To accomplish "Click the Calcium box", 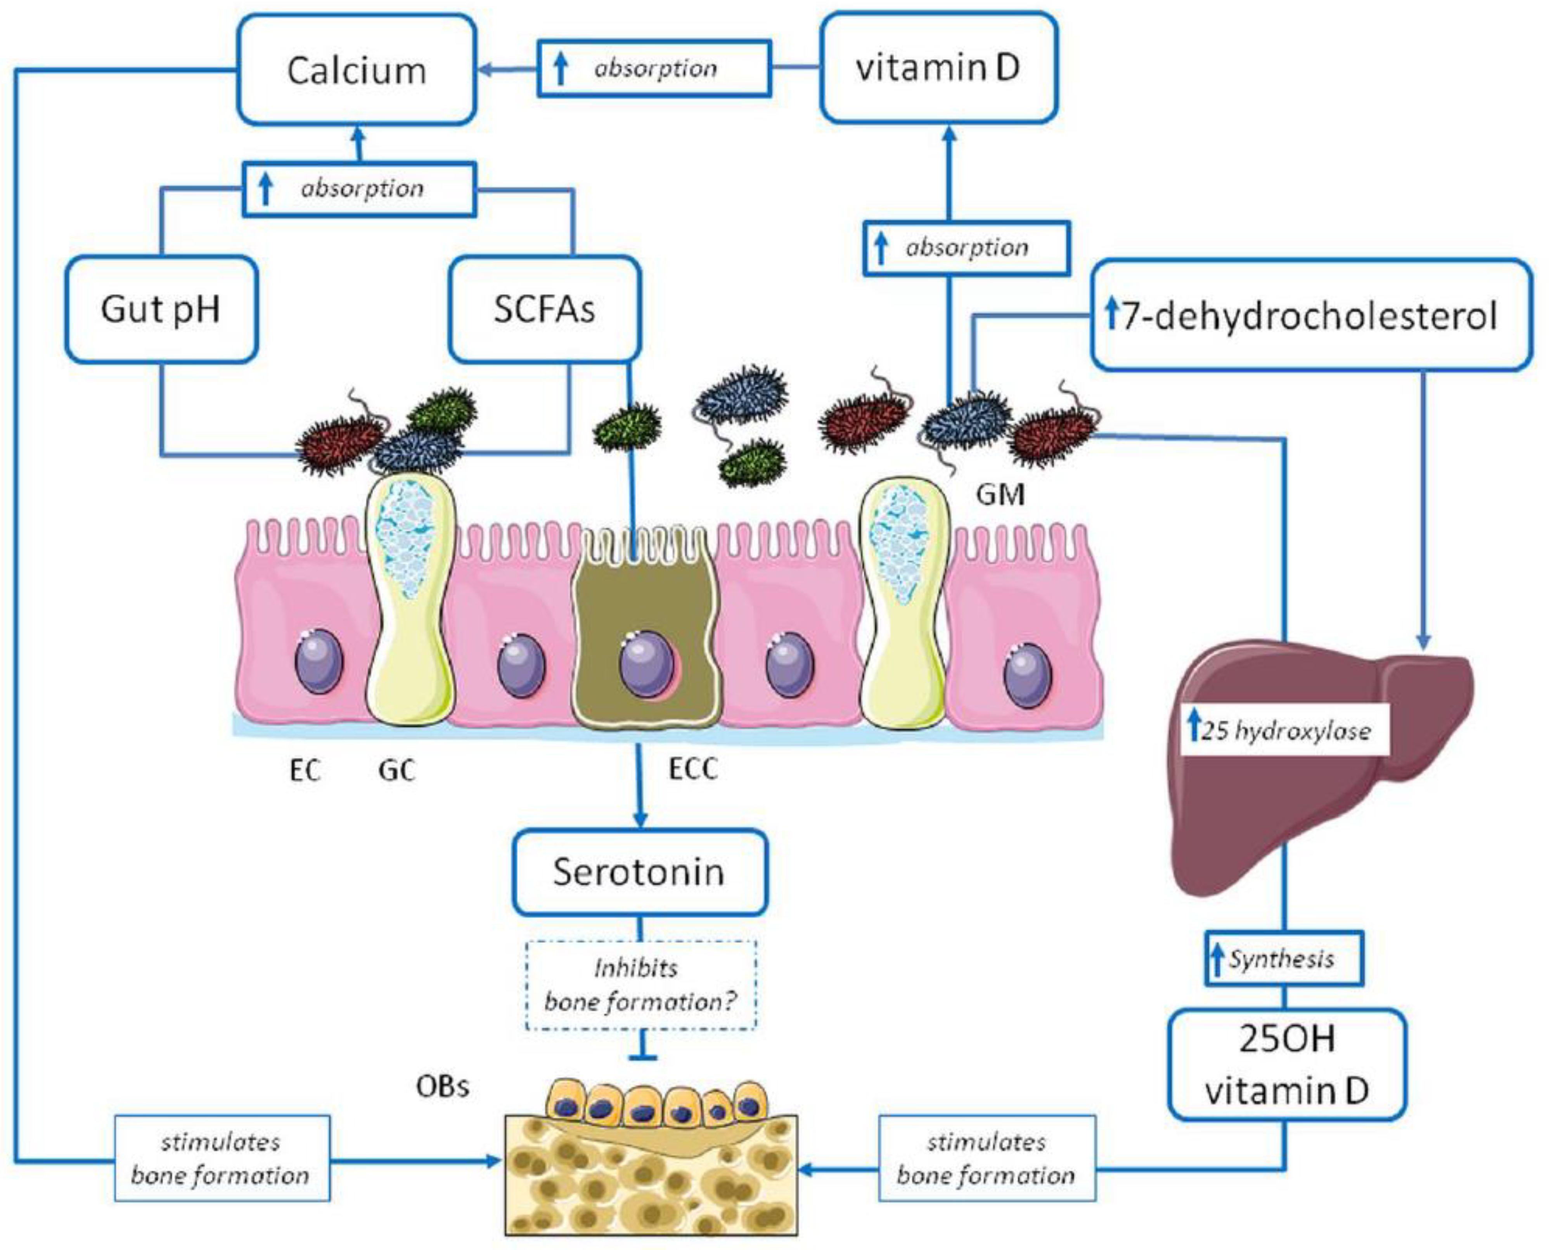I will [x=356, y=70].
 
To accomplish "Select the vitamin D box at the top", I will [x=938, y=68].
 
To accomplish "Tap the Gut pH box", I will [x=161, y=310].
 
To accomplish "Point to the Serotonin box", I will [x=639, y=872].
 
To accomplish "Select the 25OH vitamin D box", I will [x=1286, y=1064].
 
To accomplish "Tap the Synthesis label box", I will [x=1283, y=959].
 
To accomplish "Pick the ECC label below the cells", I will [x=692, y=770].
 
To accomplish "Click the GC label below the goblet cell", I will [x=396, y=770].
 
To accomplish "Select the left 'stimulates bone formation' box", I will [x=222, y=1158].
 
